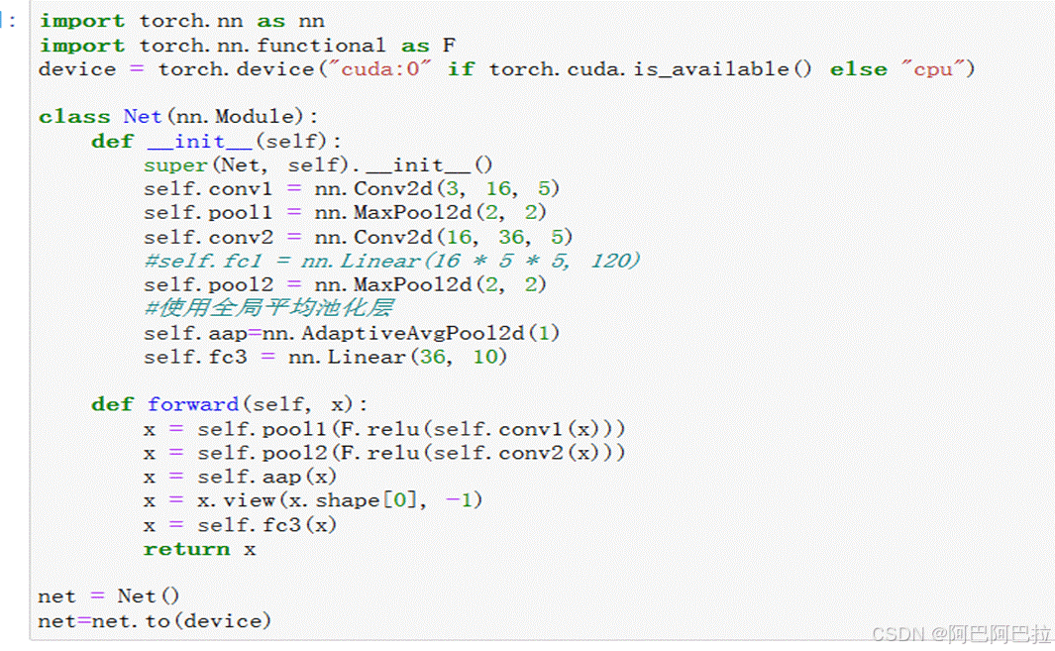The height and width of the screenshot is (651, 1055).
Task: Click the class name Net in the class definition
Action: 142,117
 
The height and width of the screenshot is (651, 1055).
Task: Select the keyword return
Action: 186,549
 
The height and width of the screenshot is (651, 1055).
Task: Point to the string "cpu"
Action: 932,69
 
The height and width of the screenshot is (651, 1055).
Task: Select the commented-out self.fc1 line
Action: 392,261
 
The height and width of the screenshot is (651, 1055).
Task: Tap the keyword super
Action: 175,165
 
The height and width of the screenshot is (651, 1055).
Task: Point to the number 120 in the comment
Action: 615,261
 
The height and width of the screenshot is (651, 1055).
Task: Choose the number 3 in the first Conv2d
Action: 463,189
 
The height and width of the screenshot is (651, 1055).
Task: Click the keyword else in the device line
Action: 858,69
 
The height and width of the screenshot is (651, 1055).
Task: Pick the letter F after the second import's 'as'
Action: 448,46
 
